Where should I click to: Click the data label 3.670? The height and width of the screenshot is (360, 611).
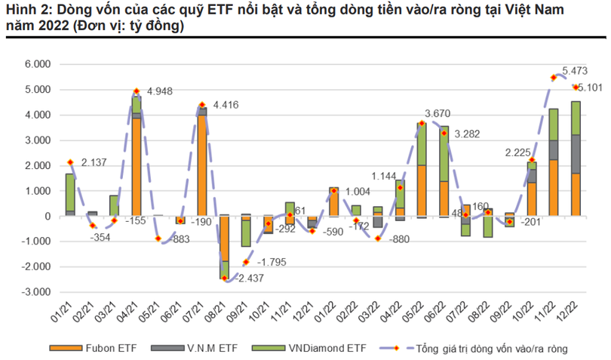point(438,114)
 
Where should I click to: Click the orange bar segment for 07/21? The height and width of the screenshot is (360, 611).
point(202,166)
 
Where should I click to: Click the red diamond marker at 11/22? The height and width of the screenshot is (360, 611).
point(554,77)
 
